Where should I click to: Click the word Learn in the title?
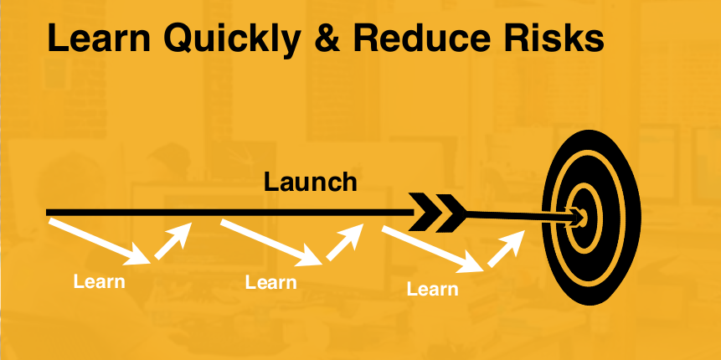99,38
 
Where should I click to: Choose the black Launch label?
311,182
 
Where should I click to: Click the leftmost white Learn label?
99,281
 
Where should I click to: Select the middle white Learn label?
270,282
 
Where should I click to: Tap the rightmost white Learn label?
432,289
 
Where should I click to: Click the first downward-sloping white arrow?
100,242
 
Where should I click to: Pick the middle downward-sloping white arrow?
271,242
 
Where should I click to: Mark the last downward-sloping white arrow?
433,249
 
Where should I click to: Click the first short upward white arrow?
173,241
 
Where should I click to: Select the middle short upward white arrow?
345,242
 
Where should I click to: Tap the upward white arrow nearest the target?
507,249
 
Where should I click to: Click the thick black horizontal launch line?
230,213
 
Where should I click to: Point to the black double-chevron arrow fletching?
437,213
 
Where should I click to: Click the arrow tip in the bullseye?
583,216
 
